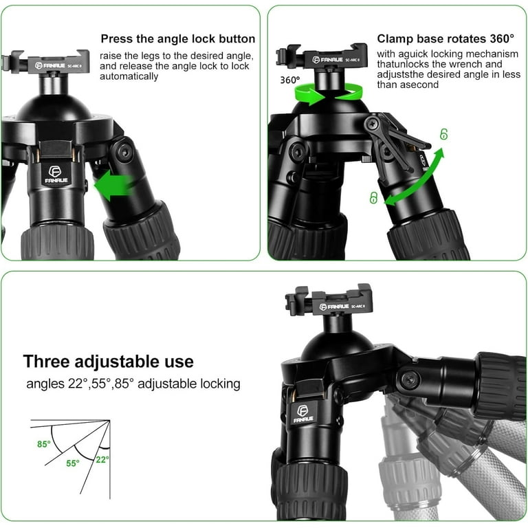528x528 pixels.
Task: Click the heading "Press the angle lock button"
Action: point(178,39)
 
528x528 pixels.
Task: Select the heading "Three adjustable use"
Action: point(108,362)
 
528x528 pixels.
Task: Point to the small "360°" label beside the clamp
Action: point(289,80)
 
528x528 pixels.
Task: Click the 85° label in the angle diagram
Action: point(44,444)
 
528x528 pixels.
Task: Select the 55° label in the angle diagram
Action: point(72,463)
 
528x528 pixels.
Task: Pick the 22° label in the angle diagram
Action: point(102,459)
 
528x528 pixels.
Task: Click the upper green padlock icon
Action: point(443,134)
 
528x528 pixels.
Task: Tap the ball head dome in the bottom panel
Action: point(333,340)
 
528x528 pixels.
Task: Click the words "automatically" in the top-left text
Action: point(129,76)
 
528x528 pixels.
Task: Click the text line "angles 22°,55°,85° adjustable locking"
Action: point(133,384)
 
